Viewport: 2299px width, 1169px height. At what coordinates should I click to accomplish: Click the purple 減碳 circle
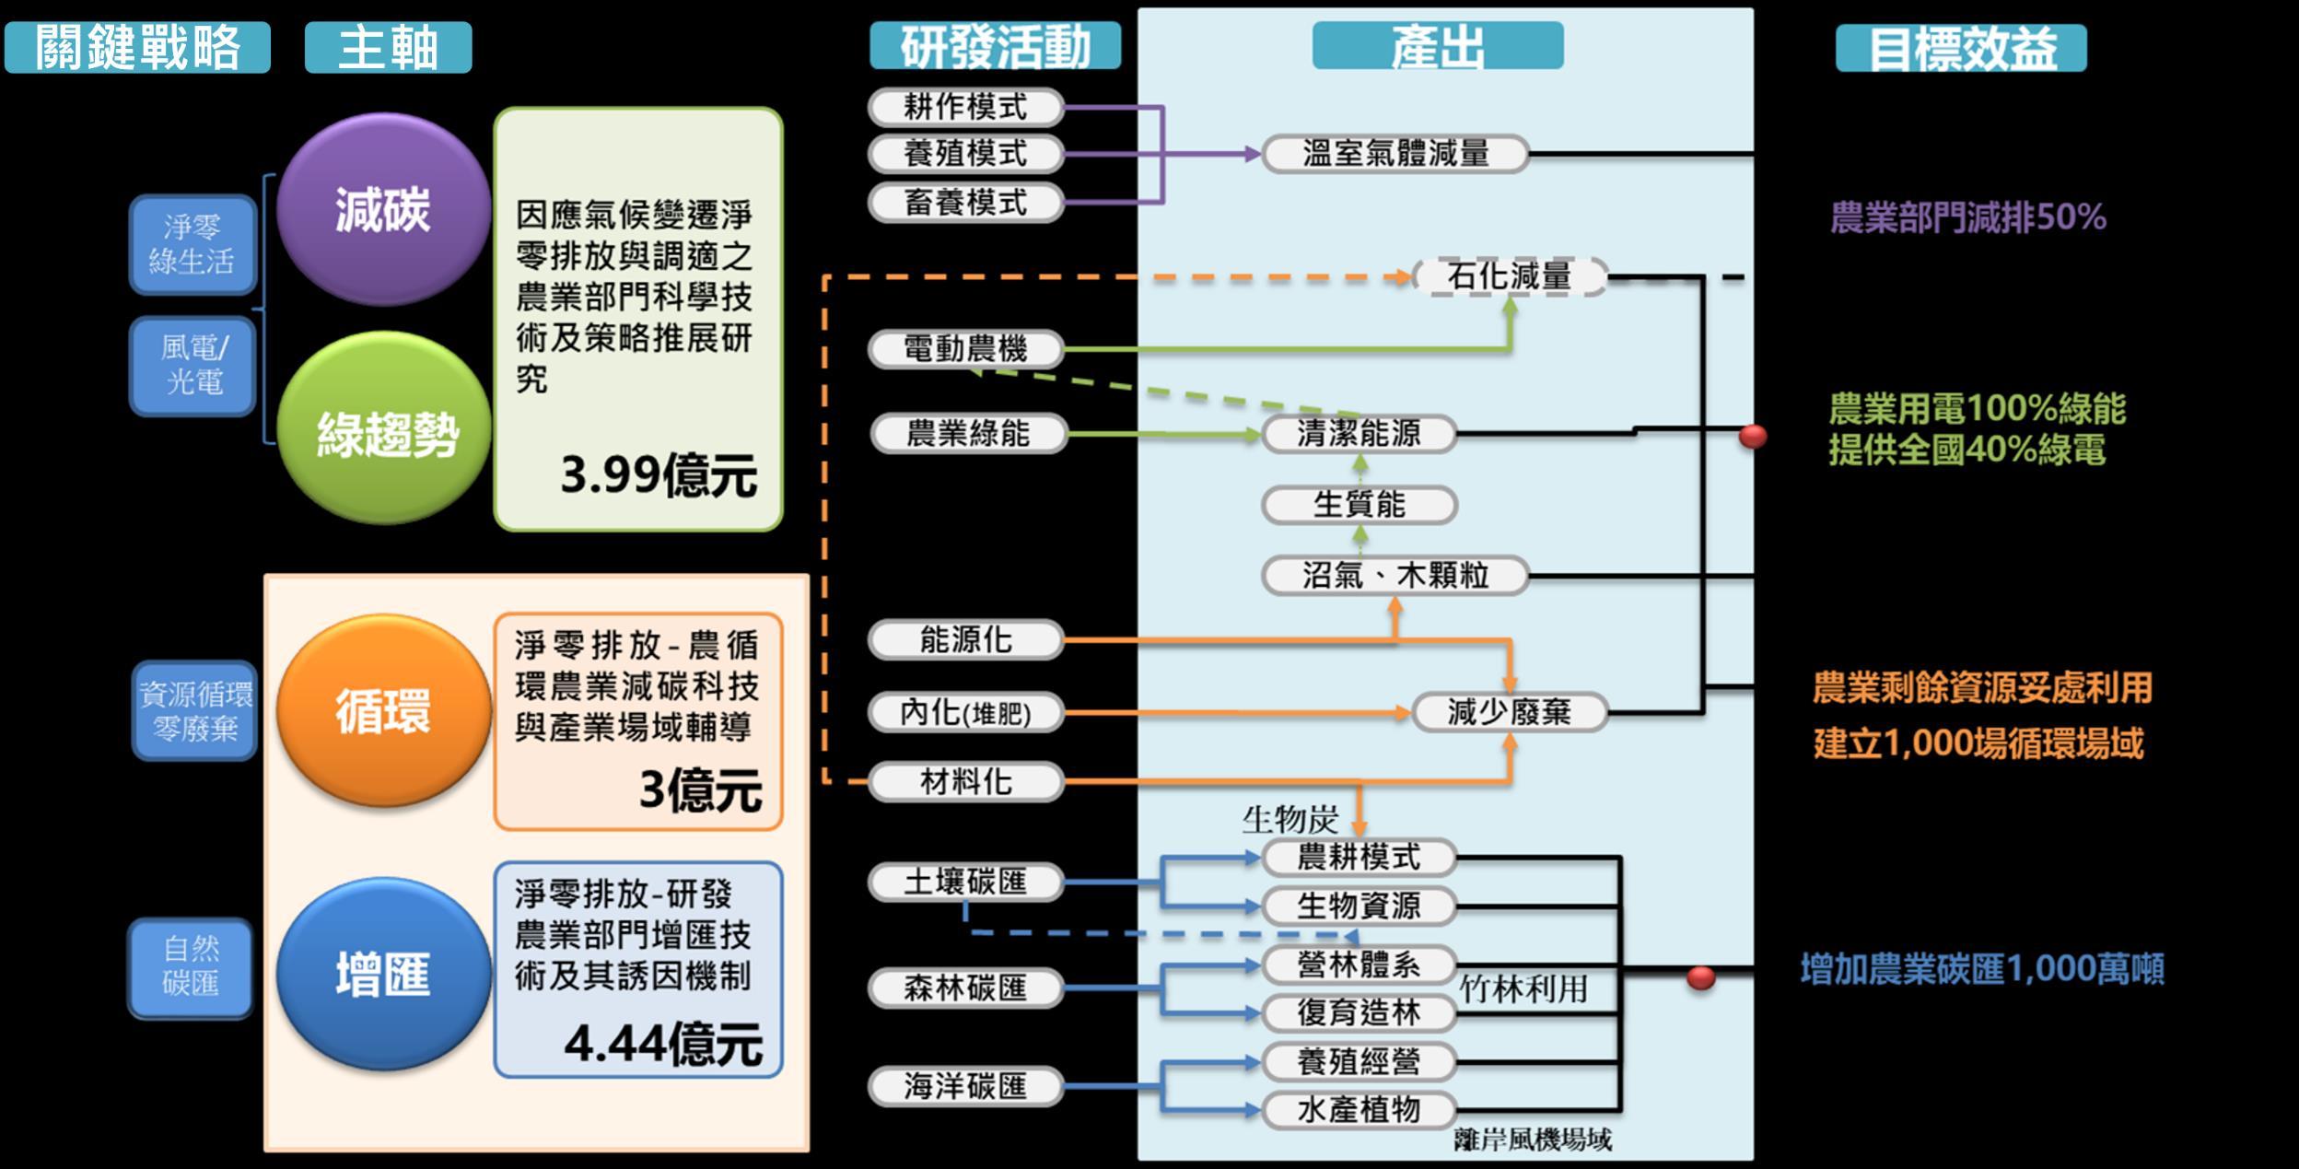382,209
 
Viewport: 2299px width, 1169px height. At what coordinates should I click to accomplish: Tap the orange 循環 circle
383,710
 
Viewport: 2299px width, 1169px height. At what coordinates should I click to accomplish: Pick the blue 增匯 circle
383,974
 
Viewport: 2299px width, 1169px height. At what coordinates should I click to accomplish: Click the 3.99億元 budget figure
658,475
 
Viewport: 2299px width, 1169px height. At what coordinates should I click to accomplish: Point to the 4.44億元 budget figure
663,1044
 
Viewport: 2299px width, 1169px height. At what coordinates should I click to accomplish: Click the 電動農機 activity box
965,349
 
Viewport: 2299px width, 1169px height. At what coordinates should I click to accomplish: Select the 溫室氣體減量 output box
1395,154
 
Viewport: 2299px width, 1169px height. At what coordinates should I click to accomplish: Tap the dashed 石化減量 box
1509,275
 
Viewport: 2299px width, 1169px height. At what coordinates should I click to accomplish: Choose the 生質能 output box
1359,505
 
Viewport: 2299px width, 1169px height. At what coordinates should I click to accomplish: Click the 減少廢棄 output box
1509,712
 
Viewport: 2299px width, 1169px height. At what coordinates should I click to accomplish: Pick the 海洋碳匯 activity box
965,1086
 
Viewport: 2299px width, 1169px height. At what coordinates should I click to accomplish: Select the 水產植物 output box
1359,1109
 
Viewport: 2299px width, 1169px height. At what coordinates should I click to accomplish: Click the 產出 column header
1437,46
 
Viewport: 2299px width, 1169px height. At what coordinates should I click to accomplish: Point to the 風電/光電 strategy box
193,365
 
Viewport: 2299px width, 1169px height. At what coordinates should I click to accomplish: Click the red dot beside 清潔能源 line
1752,436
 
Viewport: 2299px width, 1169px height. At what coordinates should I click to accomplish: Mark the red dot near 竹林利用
1700,977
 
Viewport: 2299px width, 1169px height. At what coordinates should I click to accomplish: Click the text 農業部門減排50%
1967,218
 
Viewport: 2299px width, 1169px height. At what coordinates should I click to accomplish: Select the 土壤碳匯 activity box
965,883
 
